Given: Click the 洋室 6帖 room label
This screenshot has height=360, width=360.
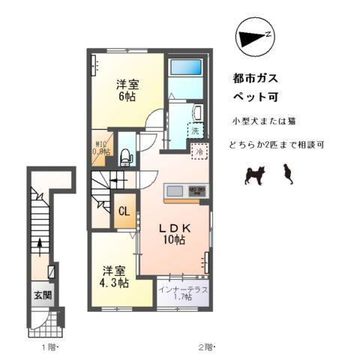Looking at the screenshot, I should click(x=125, y=91).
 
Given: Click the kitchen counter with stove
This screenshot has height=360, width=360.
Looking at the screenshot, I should click(x=186, y=190).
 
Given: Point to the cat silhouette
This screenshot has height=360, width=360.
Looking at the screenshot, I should click(x=286, y=175).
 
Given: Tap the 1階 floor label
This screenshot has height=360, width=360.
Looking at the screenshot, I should click(x=48, y=346).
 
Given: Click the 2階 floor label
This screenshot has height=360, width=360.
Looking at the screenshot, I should click(x=206, y=346).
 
